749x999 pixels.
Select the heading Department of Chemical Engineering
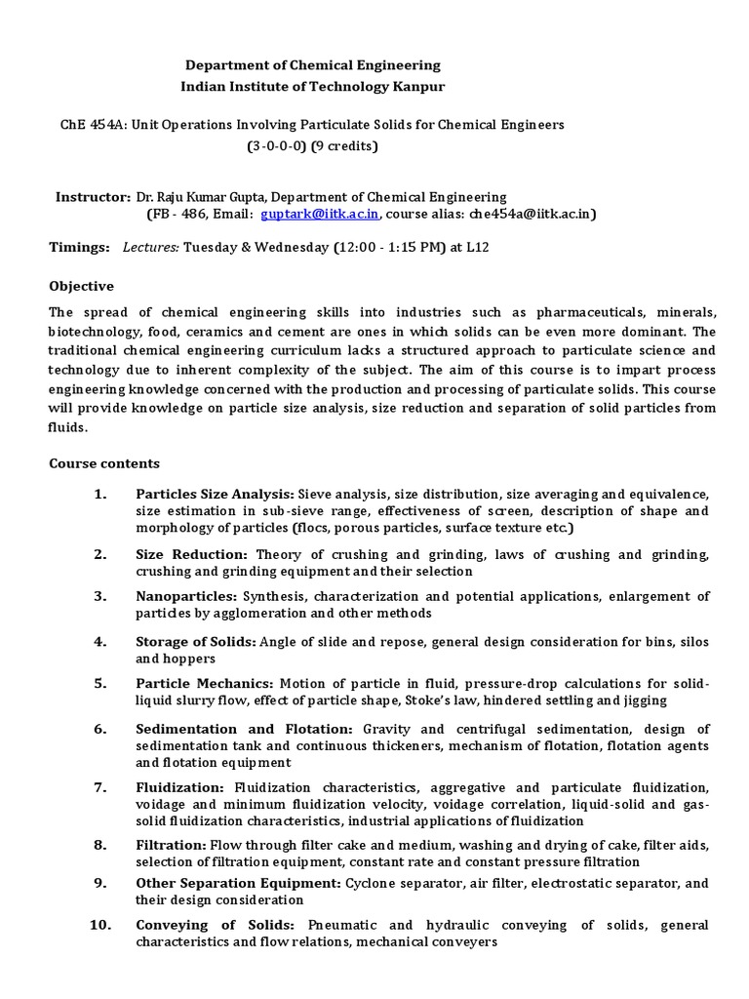[x=313, y=65]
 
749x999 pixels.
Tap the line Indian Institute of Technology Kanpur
[x=313, y=87]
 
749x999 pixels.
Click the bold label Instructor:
[x=93, y=197]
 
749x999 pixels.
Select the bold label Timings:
[x=80, y=248]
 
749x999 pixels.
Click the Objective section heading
[x=82, y=286]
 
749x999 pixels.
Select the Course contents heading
[x=104, y=463]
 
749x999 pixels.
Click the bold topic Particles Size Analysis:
[x=215, y=494]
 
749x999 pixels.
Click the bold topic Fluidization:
[x=180, y=787]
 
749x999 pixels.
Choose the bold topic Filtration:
[x=172, y=844]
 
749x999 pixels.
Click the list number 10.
[x=101, y=925]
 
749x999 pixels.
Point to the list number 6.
[x=99, y=729]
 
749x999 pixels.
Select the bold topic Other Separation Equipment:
[x=238, y=883]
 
